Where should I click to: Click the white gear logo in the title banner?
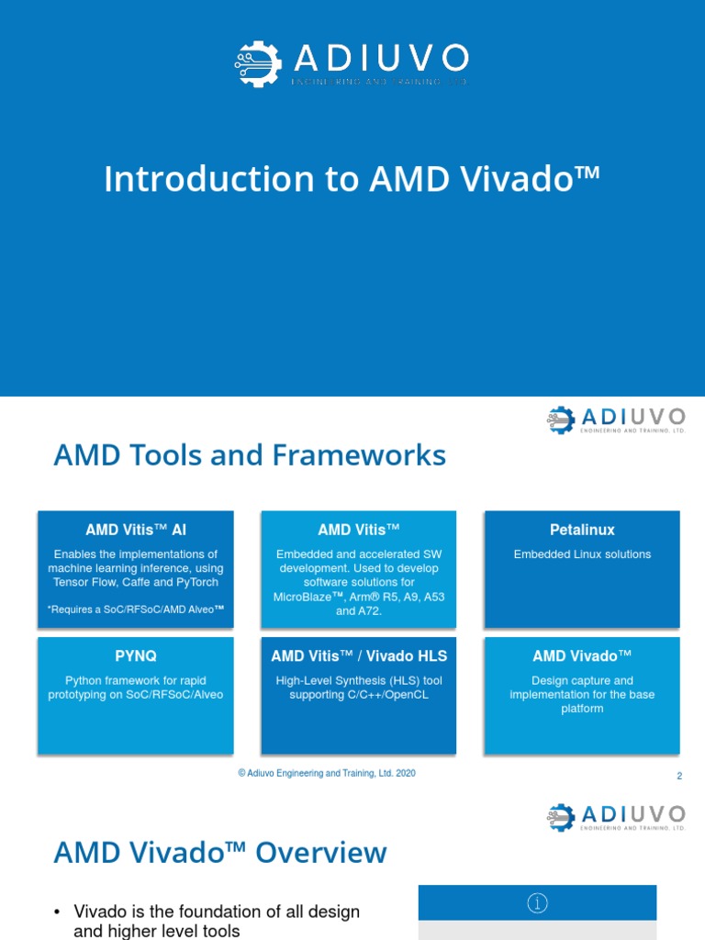(x=258, y=64)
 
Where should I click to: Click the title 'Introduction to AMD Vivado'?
(x=352, y=179)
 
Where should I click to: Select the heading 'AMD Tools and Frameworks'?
(x=250, y=455)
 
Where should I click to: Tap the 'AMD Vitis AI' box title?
(x=136, y=530)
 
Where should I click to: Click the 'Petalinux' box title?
(x=582, y=530)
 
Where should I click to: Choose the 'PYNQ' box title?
(x=136, y=655)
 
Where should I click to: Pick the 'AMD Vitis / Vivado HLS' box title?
(x=359, y=655)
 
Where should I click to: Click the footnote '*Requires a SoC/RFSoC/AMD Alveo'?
(x=136, y=610)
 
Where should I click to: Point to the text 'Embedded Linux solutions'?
(x=582, y=554)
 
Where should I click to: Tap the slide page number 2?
(x=679, y=776)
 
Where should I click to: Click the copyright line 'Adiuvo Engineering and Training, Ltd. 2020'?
(x=327, y=773)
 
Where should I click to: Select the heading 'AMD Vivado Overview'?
(x=220, y=853)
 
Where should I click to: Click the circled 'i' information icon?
(x=537, y=903)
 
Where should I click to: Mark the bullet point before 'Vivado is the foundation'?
(x=58, y=912)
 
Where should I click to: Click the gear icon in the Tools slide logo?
(x=561, y=420)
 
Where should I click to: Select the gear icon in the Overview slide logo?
(x=561, y=817)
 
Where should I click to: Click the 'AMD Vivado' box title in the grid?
(x=582, y=655)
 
